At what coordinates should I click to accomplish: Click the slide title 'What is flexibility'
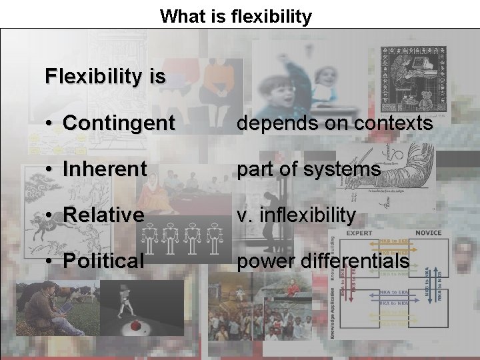click(x=235, y=16)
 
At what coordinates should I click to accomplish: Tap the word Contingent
click(x=119, y=123)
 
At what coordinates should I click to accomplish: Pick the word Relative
click(x=103, y=215)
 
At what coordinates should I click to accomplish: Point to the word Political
click(x=103, y=261)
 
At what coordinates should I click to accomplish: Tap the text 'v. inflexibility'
click(x=297, y=215)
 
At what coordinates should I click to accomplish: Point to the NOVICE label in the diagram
click(x=428, y=233)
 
